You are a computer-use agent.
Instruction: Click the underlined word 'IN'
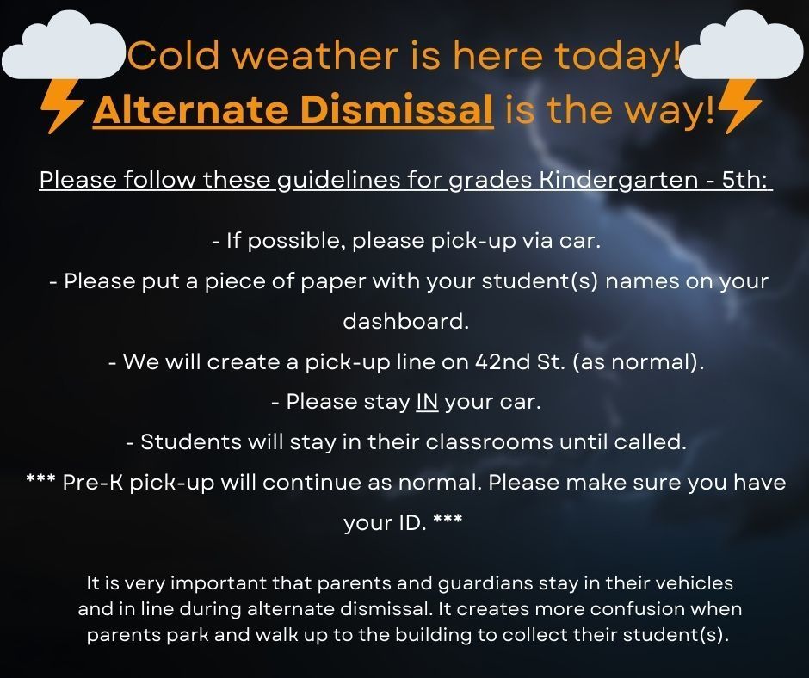coord(427,402)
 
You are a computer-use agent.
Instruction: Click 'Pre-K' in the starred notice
coord(89,483)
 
